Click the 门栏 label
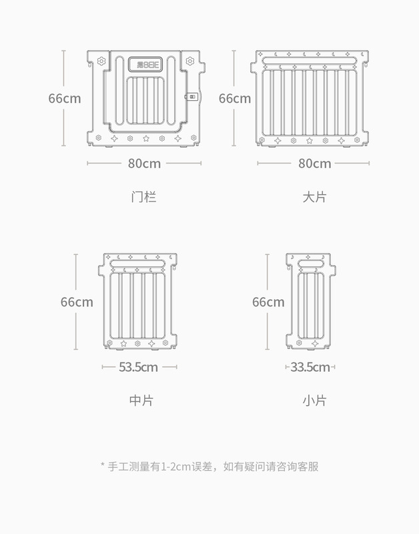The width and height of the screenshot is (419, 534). (x=144, y=198)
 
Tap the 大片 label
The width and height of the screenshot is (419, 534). (x=315, y=198)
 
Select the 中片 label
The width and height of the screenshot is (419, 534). (x=141, y=400)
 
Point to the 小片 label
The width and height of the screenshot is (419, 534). (x=314, y=400)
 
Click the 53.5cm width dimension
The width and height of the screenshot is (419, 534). (x=139, y=366)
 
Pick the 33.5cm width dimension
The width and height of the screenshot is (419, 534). (x=310, y=366)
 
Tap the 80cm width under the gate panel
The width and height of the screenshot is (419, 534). (x=145, y=163)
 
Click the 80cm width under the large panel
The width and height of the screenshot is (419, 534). (x=314, y=163)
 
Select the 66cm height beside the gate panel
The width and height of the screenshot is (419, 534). (x=64, y=98)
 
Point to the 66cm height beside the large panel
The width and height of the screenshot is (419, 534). (x=235, y=98)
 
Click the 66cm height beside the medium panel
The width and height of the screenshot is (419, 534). (x=77, y=302)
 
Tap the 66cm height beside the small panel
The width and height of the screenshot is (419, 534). (x=268, y=302)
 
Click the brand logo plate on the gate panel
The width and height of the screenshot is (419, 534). (x=145, y=65)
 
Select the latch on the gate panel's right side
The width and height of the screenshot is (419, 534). (x=192, y=97)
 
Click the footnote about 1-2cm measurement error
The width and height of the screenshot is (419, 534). (x=209, y=466)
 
